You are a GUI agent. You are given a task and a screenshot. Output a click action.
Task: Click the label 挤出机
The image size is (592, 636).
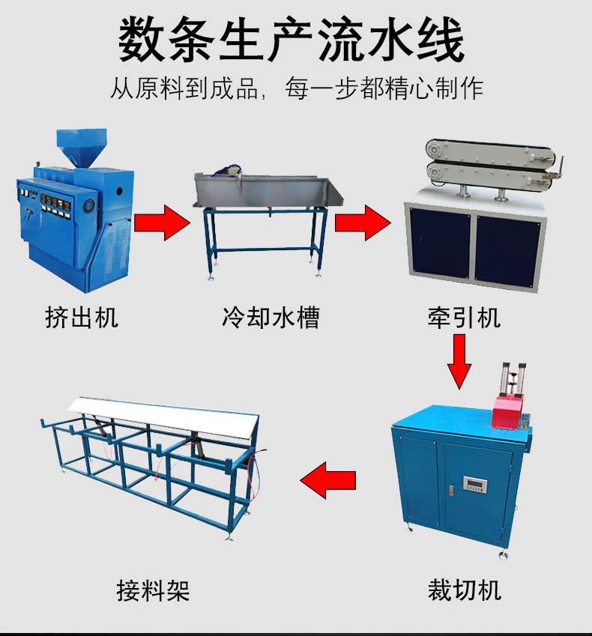(x=82, y=318)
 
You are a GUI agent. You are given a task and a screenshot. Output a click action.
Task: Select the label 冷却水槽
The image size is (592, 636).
(x=271, y=318)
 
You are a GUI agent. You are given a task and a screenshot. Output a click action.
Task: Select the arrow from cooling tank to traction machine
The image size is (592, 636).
(x=363, y=222)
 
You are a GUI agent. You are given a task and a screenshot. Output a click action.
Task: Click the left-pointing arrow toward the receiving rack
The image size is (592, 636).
(x=328, y=479)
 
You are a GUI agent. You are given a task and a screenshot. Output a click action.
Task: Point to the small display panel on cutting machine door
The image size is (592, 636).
(x=477, y=484)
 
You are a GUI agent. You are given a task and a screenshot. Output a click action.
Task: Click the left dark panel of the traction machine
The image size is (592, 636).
(x=438, y=248)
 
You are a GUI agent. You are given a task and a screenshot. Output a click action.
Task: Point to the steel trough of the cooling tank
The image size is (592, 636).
(x=266, y=192)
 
